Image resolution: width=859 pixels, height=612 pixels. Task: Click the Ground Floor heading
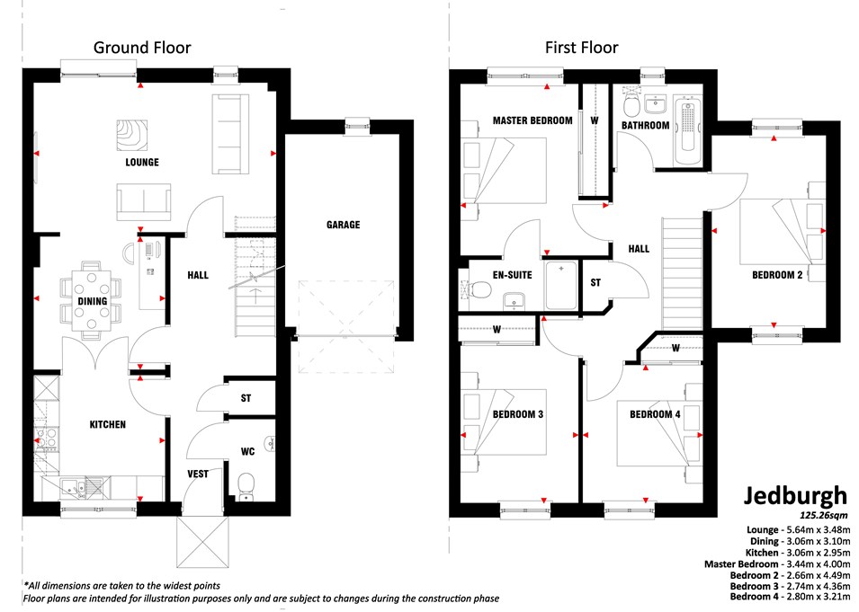[142, 48]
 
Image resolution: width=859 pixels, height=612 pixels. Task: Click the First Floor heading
[581, 48]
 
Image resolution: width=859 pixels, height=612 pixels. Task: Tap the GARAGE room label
[343, 225]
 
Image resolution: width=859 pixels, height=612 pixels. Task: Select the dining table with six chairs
[92, 300]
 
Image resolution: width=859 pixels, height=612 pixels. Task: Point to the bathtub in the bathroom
[688, 131]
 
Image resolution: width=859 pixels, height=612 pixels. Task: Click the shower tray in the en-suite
[561, 285]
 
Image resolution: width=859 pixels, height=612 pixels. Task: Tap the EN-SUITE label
[512, 275]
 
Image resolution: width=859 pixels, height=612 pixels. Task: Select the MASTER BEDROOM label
[532, 120]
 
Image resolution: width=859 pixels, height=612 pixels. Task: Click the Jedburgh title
[795, 496]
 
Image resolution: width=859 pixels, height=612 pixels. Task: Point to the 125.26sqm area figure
[823, 515]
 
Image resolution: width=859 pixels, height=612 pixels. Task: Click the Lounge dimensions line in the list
[798, 529]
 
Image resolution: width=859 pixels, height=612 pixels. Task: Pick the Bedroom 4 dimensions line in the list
[791, 596]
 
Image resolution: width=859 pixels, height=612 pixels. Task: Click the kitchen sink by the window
[81, 486]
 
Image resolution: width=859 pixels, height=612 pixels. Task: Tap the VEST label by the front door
[198, 474]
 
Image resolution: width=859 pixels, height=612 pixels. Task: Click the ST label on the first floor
[595, 282]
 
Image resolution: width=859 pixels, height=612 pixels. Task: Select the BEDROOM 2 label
[777, 275]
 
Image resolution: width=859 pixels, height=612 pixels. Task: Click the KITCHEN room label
[108, 424]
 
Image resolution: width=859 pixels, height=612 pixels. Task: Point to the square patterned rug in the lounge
[132, 135]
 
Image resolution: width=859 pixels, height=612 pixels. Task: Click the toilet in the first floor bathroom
[631, 104]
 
